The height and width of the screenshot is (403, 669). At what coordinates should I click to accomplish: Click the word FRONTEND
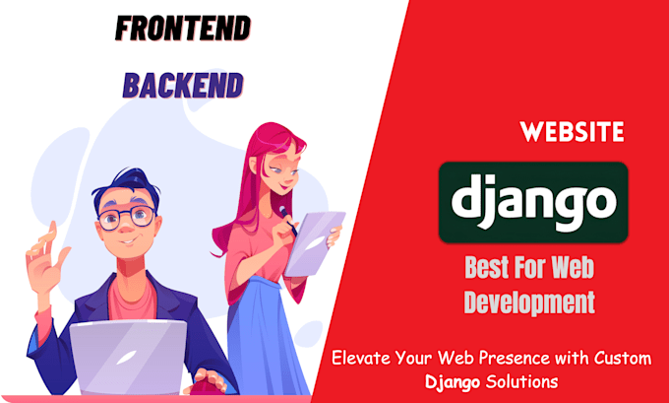(x=183, y=30)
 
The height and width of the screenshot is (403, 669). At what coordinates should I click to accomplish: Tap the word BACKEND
(x=182, y=86)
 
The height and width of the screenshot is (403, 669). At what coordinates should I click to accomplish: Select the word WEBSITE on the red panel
(x=571, y=132)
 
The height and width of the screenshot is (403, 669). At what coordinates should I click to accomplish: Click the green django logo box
(x=533, y=202)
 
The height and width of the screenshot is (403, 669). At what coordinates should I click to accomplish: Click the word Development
(x=529, y=302)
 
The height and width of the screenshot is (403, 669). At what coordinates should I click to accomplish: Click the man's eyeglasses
(x=127, y=216)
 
